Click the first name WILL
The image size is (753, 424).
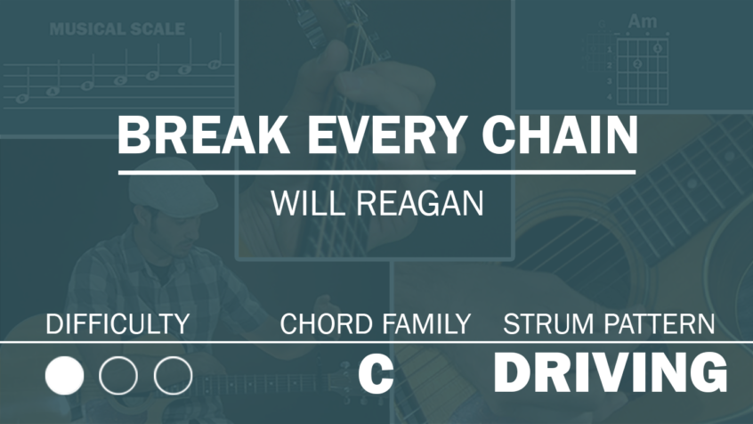click(x=307, y=204)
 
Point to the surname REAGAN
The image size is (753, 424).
click(x=420, y=204)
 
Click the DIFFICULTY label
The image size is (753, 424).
click(x=117, y=324)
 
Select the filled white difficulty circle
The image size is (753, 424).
click(x=64, y=375)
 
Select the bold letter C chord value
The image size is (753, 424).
click(x=376, y=373)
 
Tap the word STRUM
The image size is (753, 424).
click(x=548, y=324)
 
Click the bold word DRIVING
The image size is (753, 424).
click(x=611, y=372)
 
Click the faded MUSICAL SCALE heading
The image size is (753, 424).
click(x=117, y=29)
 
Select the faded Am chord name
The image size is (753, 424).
click(x=642, y=21)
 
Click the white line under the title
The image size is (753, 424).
click(x=377, y=172)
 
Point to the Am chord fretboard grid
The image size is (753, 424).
click(x=642, y=71)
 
